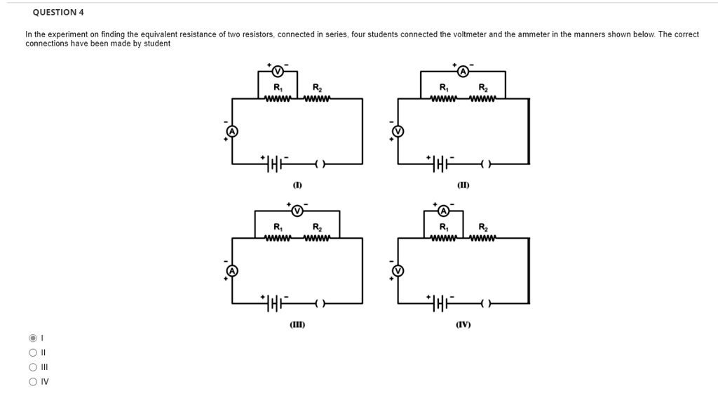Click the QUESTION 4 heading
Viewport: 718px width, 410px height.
58,12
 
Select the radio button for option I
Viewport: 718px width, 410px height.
32,338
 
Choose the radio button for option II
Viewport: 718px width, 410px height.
32,352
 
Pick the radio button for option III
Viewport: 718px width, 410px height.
32,367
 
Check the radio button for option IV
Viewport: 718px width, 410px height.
32,382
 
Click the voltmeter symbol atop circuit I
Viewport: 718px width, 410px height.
277,71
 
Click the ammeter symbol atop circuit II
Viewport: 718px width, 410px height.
463,71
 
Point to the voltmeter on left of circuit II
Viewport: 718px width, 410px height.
398,131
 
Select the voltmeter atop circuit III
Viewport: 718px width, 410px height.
297,211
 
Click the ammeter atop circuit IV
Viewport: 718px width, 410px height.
443,211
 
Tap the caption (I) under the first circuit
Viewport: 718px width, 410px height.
297,185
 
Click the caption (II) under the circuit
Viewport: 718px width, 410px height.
463,185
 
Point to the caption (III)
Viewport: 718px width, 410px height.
297,325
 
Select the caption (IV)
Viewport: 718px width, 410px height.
463,325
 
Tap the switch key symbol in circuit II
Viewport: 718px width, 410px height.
485,164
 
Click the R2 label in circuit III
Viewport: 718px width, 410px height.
317,227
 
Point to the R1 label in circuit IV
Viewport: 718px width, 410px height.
443,227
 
